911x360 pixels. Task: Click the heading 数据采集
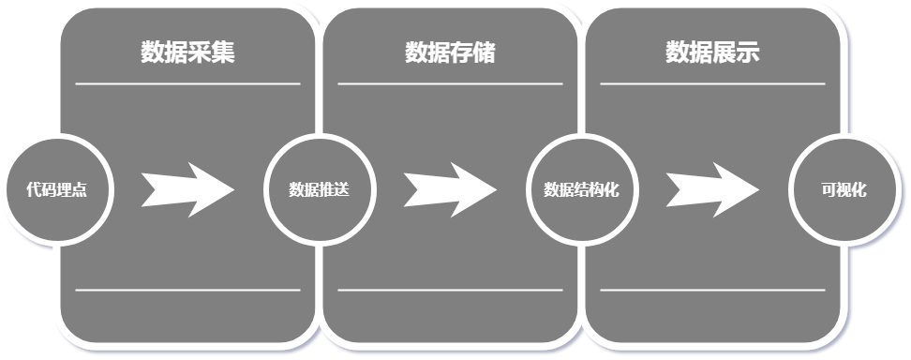(187, 52)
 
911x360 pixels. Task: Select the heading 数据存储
(450, 52)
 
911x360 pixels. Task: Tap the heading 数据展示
(712, 52)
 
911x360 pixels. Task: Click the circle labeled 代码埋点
(56, 190)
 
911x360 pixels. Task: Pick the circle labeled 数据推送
(319, 190)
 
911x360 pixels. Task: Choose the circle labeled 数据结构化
(581, 190)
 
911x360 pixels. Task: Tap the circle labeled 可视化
(844, 190)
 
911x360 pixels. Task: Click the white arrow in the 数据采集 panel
(187, 190)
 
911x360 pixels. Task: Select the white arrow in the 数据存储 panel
(450, 190)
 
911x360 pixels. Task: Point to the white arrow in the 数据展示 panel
(712, 190)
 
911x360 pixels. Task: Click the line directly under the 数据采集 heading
(187, 83)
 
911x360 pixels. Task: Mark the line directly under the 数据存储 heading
(450, 83)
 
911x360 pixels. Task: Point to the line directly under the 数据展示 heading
(712, 83)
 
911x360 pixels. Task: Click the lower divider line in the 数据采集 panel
(187, 290)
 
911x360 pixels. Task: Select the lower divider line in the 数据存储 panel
(450, 290)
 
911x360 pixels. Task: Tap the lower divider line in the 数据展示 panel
(712, 290)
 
